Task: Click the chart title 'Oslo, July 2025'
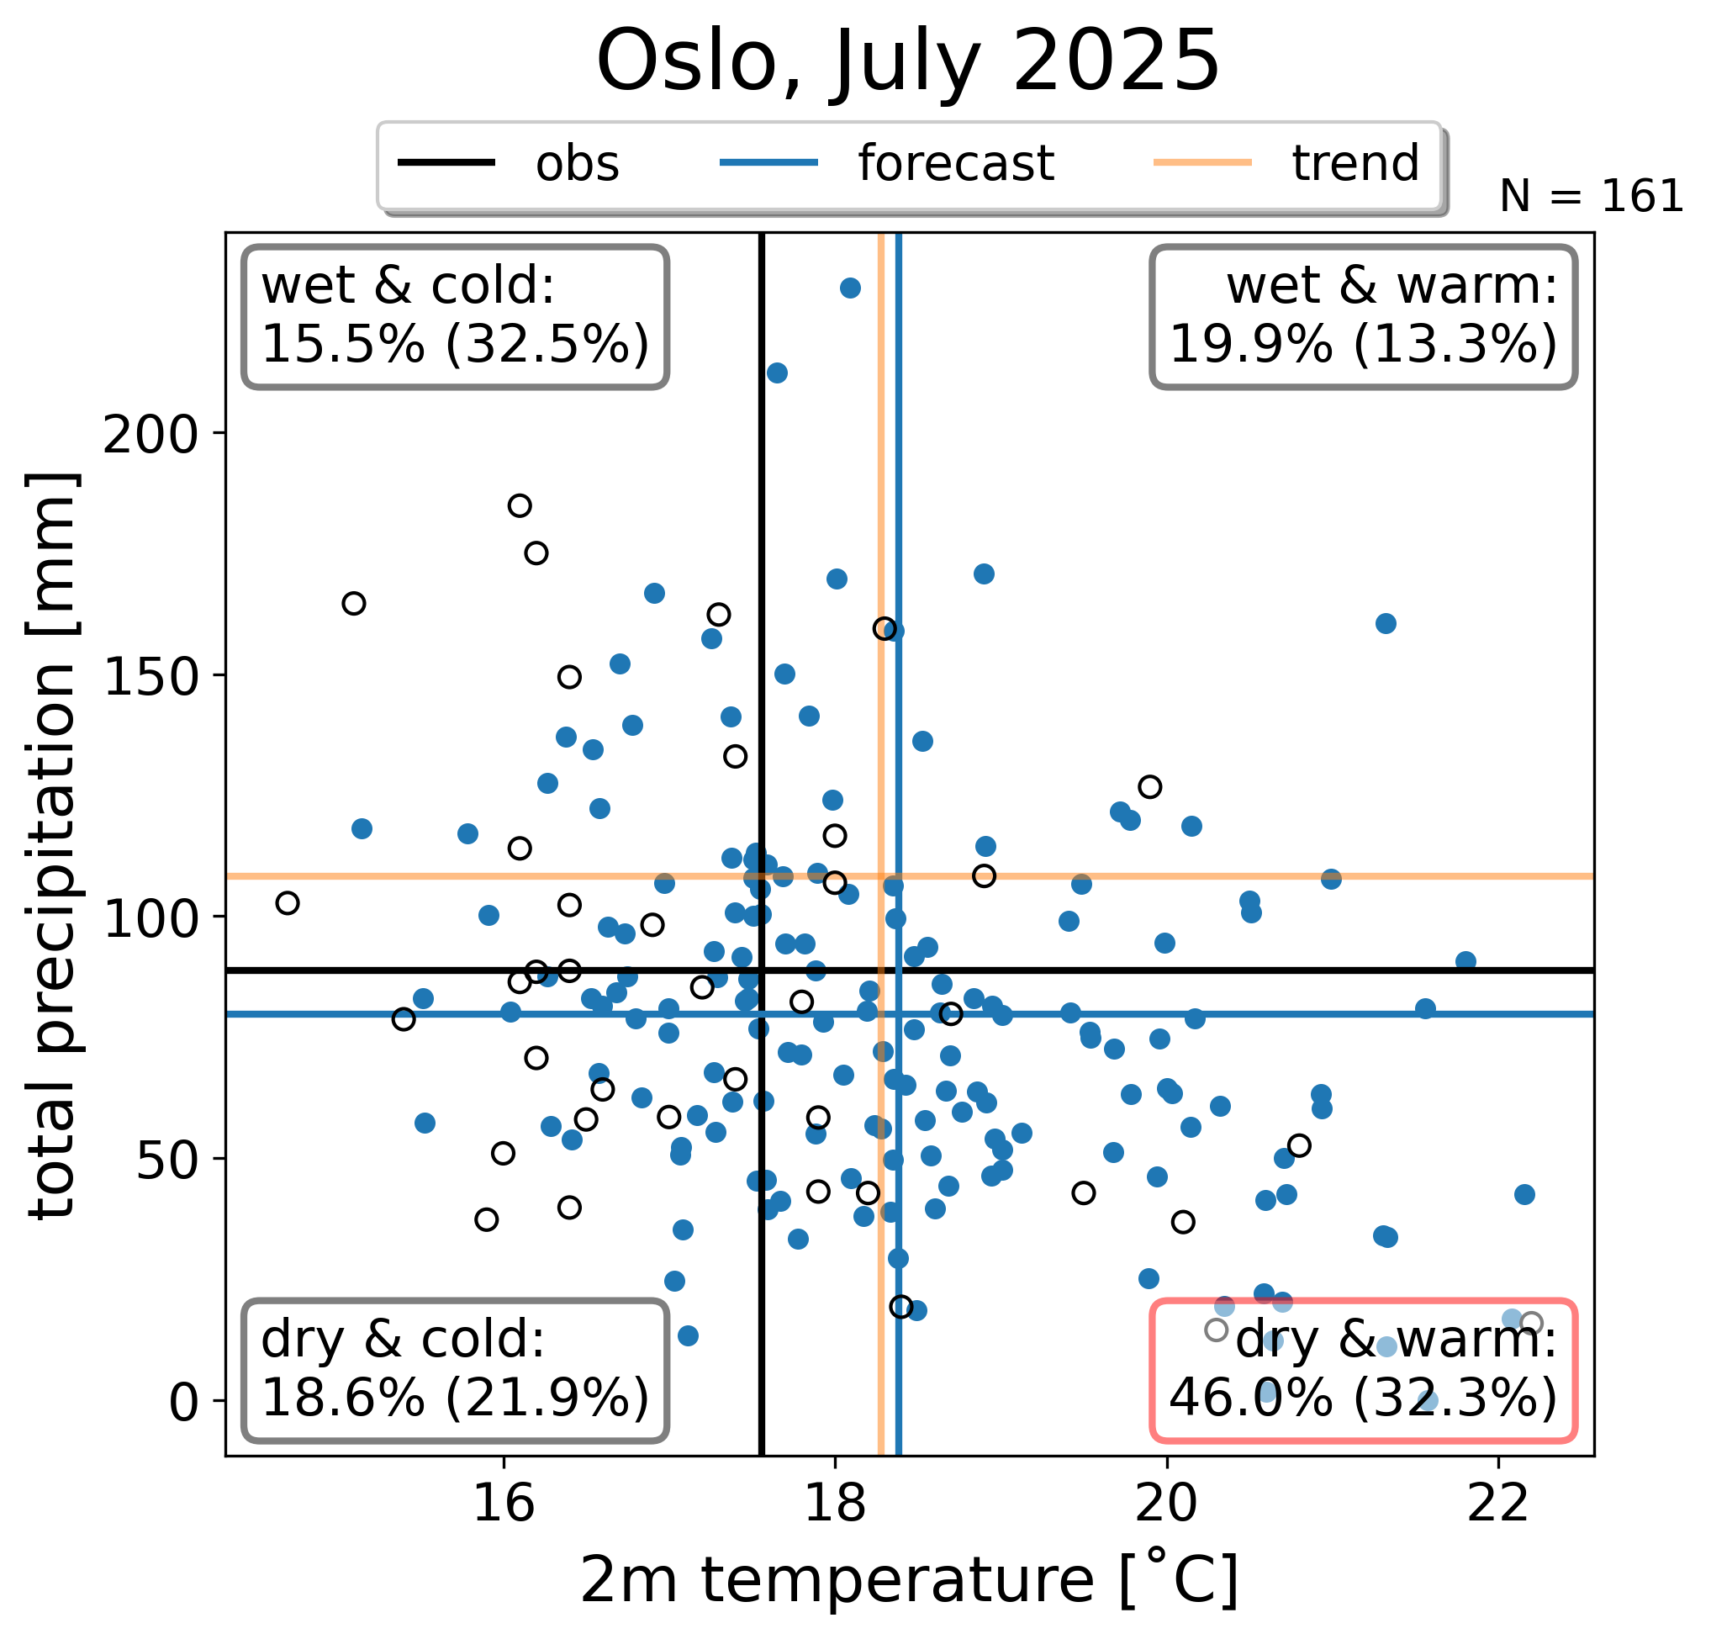[908, 61]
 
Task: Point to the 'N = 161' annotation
[1591, 197]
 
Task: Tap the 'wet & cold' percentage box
[455, 317]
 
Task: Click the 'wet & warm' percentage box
[1363, 317]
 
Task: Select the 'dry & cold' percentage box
[455, 1371]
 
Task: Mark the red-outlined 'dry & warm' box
[1363, 1371]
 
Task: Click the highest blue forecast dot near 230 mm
[850, 288]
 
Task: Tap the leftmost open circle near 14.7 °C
[288, 904]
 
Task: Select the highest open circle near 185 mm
[520, 505]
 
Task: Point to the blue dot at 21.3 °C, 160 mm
[1386, 623]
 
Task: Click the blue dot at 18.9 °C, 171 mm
[984, 574]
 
